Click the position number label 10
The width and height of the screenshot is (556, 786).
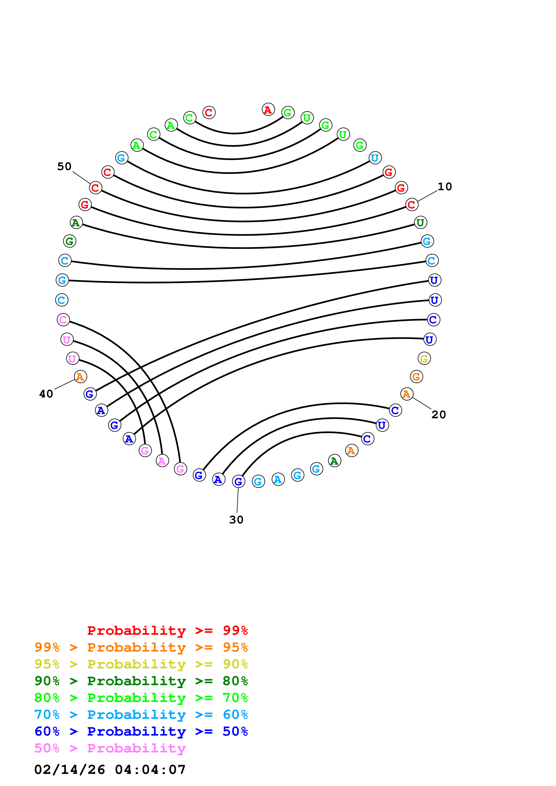pos(445,187)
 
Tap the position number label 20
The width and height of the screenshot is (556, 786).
pos(438,415)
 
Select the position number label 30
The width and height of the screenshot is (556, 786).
pos(236,520)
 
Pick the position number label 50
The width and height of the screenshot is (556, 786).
pos(64,166)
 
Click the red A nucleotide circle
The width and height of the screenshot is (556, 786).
pos(268,110)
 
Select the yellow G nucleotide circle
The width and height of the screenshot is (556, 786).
pos(424,358)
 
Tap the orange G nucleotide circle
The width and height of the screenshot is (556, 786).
pos(416,377)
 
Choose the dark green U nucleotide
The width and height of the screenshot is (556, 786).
pos(420,222)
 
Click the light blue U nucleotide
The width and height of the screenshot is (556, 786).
pos(375,158)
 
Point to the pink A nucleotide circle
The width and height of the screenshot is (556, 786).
pos(162,461)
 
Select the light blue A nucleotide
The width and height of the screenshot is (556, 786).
pos(278,479)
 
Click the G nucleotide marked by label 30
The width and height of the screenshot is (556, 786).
pos(238,481)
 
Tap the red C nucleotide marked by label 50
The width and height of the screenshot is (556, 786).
pos(96,188)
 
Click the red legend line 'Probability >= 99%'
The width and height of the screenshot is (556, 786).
pos(168,630)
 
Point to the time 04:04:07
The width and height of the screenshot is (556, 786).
pos(150,770)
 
